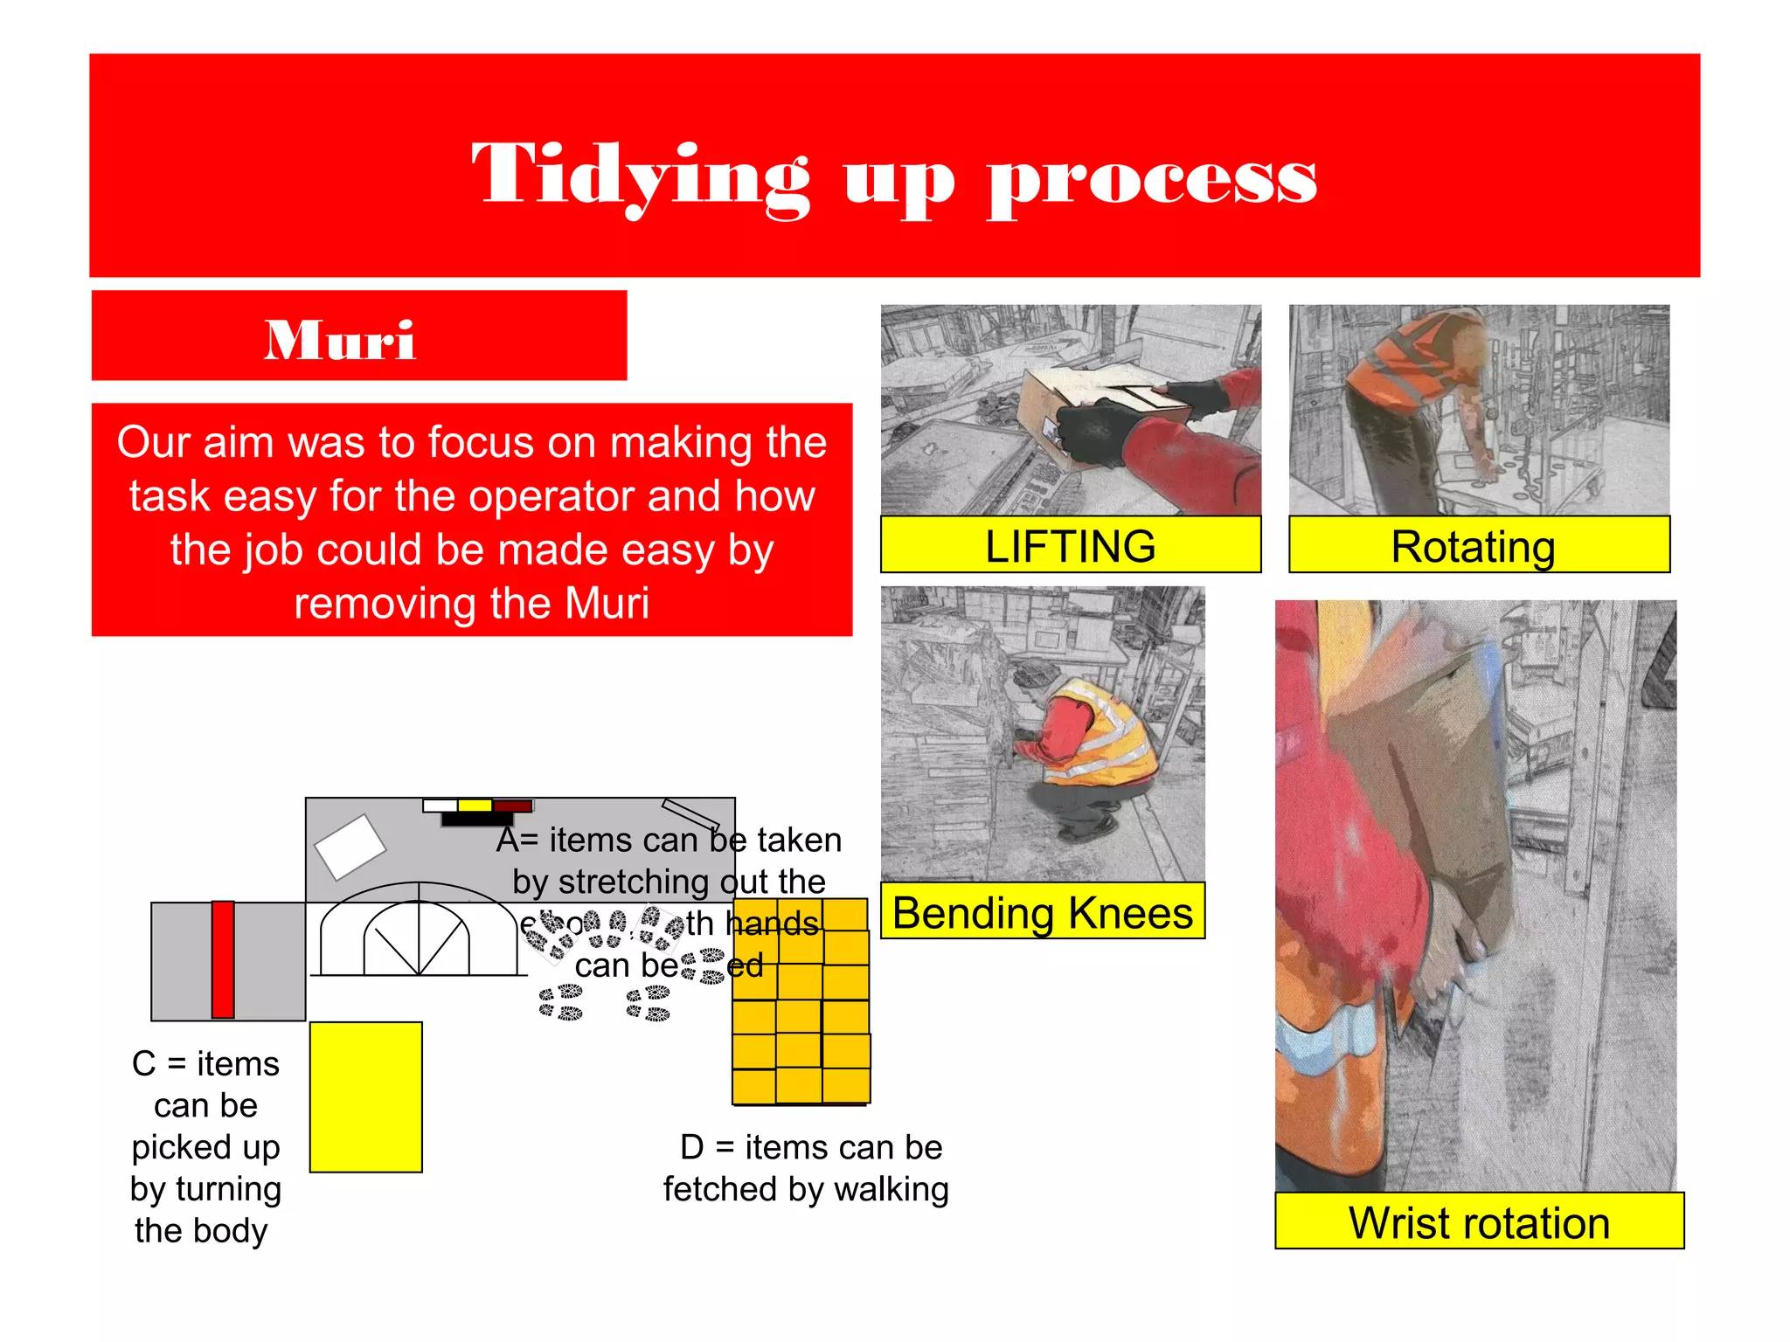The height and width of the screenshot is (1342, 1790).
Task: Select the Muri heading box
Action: click(x=359, y=336)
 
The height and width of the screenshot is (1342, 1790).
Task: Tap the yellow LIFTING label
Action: click(x=1070, y=546)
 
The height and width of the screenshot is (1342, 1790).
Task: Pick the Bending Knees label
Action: click(x=1042, y=912)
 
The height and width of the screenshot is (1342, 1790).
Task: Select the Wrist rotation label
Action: click(x=1478, y=1221)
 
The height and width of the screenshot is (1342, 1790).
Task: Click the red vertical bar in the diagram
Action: click(x=223, y=959)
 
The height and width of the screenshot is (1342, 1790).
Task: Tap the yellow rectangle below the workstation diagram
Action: click(x=365, y=1096)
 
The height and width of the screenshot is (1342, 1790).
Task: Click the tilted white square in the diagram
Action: click(x=350, y=846)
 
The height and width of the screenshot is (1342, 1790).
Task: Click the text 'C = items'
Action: click(x=205, y=1064)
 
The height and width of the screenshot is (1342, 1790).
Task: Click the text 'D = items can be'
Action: click(x=811, y=1147)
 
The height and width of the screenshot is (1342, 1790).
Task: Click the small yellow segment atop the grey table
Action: click(x=475, y=806)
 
